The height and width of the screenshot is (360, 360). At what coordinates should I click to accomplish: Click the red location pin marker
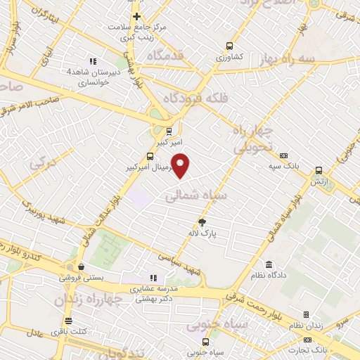pyautogui.click(x=181, y=165)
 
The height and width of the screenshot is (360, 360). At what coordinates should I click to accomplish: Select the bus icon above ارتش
pyautogui.click(x=319, y=170)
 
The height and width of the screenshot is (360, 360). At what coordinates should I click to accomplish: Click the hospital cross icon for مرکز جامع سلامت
pyautogui.click(x=137, y=16)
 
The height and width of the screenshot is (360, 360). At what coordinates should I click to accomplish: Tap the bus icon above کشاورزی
pyautogui.click(x=229, y=46)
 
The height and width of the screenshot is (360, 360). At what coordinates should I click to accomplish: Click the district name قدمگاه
pyautogui.click(x=167, y=54)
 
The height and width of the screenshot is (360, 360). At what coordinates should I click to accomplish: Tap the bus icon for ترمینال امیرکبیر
pyautogui.click(x=150, y=156)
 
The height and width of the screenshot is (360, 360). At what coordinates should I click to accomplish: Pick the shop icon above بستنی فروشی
pyautogui.click(x=83, y=266)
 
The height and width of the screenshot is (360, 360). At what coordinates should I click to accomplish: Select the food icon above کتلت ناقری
pyautogui.click(x=68, y=321)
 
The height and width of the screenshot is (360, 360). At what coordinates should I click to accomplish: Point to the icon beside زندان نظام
pyautogui.click(x=306, y=315)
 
